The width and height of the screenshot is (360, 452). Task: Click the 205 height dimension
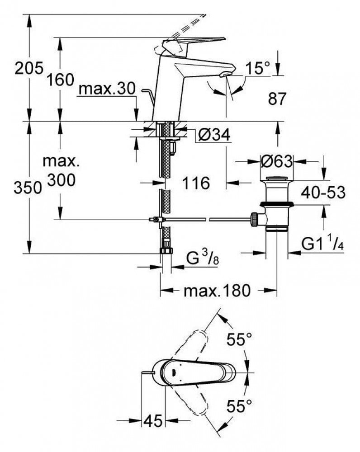pyautogui.click(x=29, y=68)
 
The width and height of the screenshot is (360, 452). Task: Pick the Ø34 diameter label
pyautogui.click(x=215, y=134)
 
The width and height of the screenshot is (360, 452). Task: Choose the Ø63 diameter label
pyautogui.click(x=276, y=161)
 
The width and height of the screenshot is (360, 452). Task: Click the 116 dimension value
pyautogui.click(x=196, y=183)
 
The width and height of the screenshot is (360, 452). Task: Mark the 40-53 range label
pyautogui.click(x=323, y=192)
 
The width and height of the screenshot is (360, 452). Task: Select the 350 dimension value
pyautogui.click(x=28, y=188)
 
